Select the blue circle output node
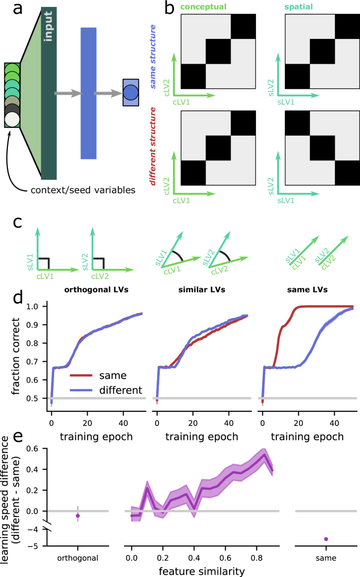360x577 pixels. pos(131,93)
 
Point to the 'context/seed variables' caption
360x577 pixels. pos(88,189)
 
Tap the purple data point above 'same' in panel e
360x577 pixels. pos(326,539)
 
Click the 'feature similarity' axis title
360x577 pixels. pos(204,569)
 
